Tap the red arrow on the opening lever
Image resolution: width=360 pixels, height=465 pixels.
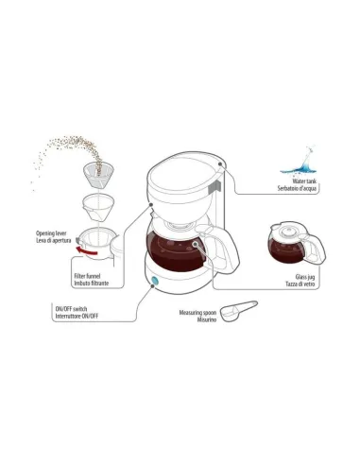click(86, 251)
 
